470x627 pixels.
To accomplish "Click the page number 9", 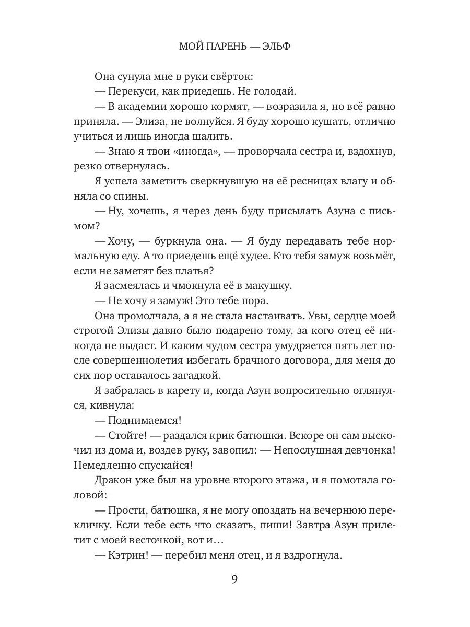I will [x=234, y=579].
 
